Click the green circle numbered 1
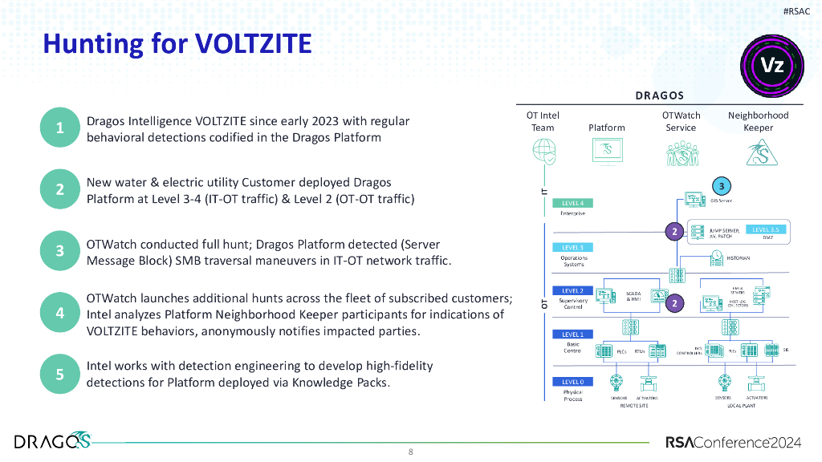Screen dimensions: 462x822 tap(60, 128)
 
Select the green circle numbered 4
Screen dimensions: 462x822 tap(60, 313)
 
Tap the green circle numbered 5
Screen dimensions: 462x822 tap(60, 374)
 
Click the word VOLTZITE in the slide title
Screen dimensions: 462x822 tap(253, 43)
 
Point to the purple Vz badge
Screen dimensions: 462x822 tap(771, 66)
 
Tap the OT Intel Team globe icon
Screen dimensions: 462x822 tap(543, 152)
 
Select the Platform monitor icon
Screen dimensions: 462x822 tap(607, 152)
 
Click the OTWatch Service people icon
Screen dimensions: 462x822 tap(682, 152)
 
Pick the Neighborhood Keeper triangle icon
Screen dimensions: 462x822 tap(758, 152)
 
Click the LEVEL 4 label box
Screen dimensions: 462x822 tap(572, 204)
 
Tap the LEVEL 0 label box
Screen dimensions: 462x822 tap(572, 382)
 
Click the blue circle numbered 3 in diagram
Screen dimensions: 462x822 tap(722, 187)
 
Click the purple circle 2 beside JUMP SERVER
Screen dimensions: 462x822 tap(675, 232)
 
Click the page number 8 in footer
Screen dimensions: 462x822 tap(411, 452)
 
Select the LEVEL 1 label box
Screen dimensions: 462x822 tap(572, 334)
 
